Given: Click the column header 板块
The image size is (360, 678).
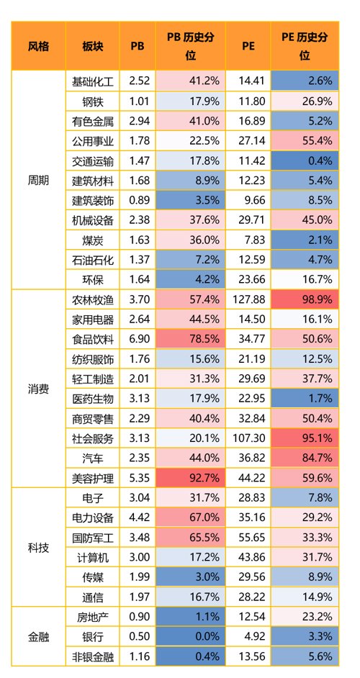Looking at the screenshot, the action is click(x=93, y=46).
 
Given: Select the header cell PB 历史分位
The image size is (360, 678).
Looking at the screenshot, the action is click(x=192, y=46).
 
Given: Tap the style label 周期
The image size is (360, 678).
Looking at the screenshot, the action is click(x=38, y=181).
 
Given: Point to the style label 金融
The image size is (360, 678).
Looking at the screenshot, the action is click(x=38, y=637).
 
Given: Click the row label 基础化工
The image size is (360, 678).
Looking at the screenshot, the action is click(x=93, y=81).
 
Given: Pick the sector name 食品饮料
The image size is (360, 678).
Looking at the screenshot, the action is click(x=93, y=339).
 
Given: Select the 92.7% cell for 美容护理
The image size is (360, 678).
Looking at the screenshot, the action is click(x=192, y=478).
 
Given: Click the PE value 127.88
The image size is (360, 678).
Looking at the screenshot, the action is click(x=248, y=299).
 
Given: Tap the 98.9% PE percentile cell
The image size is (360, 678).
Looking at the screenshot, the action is click(x=305, y=299).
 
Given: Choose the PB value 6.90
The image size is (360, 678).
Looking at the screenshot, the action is click(x=140, y=339).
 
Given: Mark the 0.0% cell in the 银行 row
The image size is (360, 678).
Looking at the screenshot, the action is click(x=192, y=637).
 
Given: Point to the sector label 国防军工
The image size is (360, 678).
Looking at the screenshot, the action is click(x=93, y=538).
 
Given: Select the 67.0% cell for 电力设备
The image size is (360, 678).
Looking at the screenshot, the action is click(x=192, y=517).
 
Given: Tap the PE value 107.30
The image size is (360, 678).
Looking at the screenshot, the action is click(x=248, y=438).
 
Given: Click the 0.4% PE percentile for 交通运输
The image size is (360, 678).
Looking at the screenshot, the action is click(x=305, y=161).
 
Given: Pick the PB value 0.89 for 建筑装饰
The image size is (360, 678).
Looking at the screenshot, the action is click(x=140, y=200).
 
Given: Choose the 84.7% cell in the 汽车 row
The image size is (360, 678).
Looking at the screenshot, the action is click(x=305, y=458).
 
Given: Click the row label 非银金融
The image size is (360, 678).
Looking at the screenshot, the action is click(x=93, y=657).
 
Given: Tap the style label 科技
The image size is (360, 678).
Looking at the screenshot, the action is click(x=38, y=548).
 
